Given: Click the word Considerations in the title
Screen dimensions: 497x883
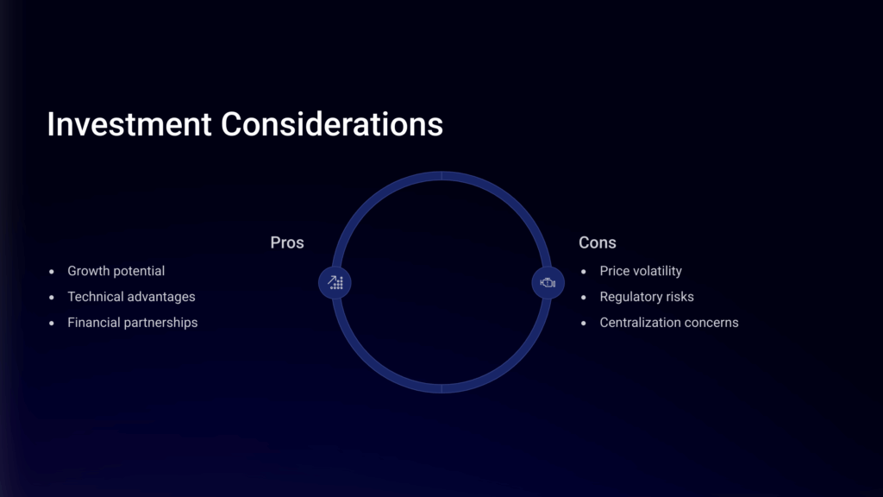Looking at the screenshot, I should [332, 124].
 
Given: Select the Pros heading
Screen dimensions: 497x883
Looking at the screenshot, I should [287, 242].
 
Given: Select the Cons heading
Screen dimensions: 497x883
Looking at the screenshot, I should [598, 242].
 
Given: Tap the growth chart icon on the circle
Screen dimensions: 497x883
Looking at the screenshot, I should [335, 282].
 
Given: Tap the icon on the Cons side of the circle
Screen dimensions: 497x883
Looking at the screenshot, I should [548, 282].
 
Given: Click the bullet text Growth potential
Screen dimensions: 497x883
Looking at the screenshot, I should [116, 271].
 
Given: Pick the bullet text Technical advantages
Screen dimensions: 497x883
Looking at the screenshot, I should [131, 297].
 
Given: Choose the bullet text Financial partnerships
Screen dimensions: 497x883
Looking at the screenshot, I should [132, 323].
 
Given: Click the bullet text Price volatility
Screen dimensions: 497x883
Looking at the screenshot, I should [641, 271].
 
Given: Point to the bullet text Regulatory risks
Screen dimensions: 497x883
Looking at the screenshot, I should [647, 297].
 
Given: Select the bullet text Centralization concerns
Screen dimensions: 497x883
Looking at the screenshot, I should [669, 323].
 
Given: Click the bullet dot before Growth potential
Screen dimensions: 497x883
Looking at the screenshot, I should [52, 272].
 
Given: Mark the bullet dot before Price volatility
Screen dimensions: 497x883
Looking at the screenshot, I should [584, 272].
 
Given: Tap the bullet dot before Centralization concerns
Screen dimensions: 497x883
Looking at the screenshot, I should [584, 324].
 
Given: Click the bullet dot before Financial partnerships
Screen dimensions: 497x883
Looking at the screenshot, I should [52, 324].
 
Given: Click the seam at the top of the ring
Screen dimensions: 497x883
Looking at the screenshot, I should [441, 176].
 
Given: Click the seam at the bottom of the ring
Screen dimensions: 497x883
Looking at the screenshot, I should [441, 388].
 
